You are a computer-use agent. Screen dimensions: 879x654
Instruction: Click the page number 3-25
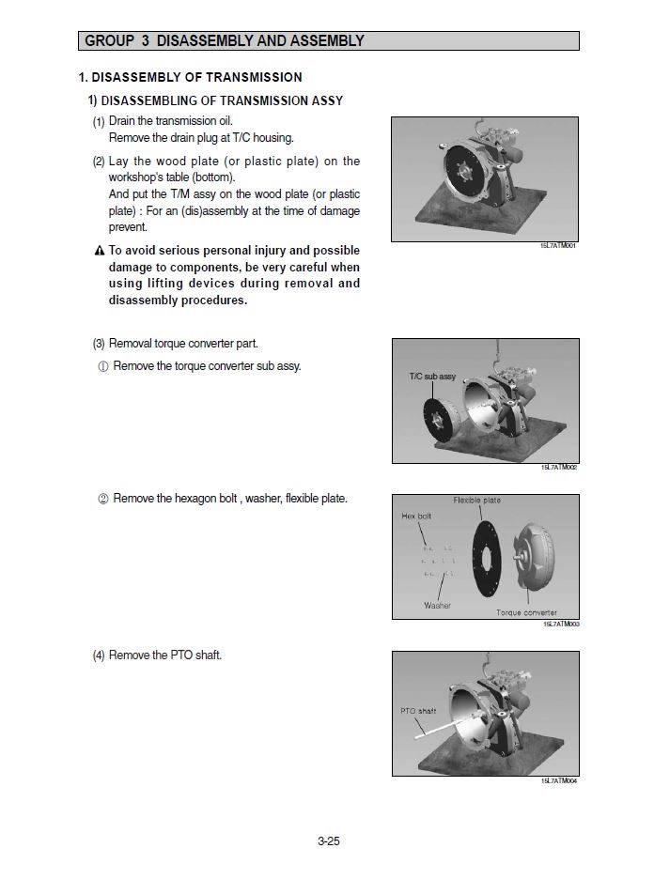(x=328, y=841)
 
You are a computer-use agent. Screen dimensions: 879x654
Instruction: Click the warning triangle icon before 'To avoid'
(x=99, y=252)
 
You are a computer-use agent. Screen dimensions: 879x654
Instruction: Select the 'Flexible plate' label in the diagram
(x=477, y=501)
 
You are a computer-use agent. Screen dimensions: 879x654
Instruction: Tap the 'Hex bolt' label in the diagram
(x=416, y=517)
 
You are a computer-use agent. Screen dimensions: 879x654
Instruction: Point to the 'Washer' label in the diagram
(x=437, y=606)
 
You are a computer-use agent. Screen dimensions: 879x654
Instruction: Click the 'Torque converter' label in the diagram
(x=526, y=612)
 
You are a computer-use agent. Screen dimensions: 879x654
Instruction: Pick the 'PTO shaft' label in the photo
(x=418, y=711)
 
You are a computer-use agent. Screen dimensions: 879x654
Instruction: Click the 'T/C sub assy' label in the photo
(x=432, y=377)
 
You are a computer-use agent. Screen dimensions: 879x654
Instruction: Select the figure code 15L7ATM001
(x=558, y=246)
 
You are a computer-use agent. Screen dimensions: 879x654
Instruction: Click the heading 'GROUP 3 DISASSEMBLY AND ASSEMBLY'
(x=225, y=41)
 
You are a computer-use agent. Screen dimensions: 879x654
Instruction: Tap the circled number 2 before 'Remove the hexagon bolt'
(x=102, y=499)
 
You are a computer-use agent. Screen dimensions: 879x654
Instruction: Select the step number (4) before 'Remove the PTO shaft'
(x=99, y=655)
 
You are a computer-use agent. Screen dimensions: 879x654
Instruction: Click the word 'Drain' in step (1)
(x=123, y=121)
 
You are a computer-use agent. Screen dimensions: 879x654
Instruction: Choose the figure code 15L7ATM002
(x=559, y=468)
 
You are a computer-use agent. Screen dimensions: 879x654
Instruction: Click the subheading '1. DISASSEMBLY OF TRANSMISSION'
(x=190, y=77)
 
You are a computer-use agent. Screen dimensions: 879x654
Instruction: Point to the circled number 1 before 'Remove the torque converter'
(x=102, y=366)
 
